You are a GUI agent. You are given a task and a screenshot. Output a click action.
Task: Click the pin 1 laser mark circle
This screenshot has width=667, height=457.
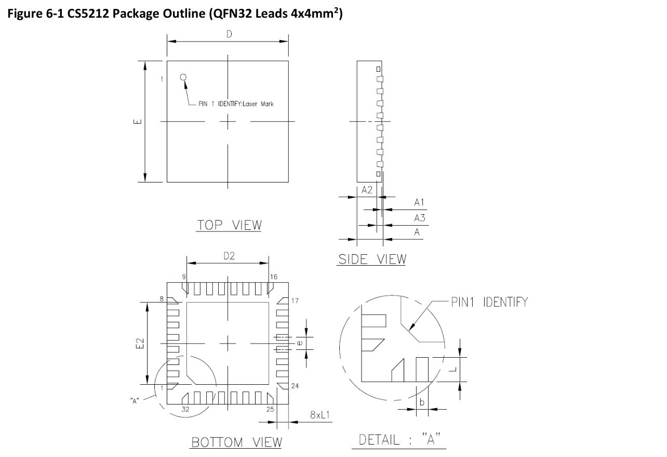tap(183, 77)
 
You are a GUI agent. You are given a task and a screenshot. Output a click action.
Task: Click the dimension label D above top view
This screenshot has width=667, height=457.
tap(229, 34)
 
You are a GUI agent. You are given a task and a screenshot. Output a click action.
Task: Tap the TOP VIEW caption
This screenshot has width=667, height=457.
tap(229, 225)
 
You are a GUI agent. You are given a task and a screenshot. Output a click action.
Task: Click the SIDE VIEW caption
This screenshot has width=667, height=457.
tap(372, 259)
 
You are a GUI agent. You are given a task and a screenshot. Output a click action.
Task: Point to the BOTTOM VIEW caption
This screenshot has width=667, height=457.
tap(237, 442)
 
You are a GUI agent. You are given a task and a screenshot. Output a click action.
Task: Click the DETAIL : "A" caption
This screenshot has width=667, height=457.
tap(399, 440)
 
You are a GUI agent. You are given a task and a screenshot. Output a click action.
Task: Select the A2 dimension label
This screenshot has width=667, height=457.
tap(367, 190)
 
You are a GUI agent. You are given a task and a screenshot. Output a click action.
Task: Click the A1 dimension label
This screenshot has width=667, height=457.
tap(420, 202)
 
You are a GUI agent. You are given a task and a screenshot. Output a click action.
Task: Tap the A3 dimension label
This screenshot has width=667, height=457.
tap(420, 218)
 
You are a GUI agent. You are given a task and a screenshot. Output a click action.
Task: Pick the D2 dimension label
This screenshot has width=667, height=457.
tap(229, 256)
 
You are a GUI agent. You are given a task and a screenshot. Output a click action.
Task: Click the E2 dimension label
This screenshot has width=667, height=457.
tap(139, 344)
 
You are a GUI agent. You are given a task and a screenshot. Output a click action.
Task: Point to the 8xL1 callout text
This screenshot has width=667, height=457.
tap(321, 415)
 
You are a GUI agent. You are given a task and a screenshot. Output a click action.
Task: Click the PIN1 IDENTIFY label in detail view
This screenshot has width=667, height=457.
tap(489, 302)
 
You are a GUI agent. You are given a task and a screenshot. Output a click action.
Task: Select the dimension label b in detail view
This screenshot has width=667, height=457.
tap(422, 402)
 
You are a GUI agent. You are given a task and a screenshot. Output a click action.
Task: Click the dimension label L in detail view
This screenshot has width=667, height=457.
tap(453, 369)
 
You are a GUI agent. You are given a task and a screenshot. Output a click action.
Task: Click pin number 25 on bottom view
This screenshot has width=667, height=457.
tap(270, 410)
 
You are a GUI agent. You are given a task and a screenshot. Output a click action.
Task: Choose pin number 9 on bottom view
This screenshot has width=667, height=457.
tap(184, 277)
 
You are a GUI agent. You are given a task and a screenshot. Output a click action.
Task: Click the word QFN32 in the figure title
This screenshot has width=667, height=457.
tap(227, 14)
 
